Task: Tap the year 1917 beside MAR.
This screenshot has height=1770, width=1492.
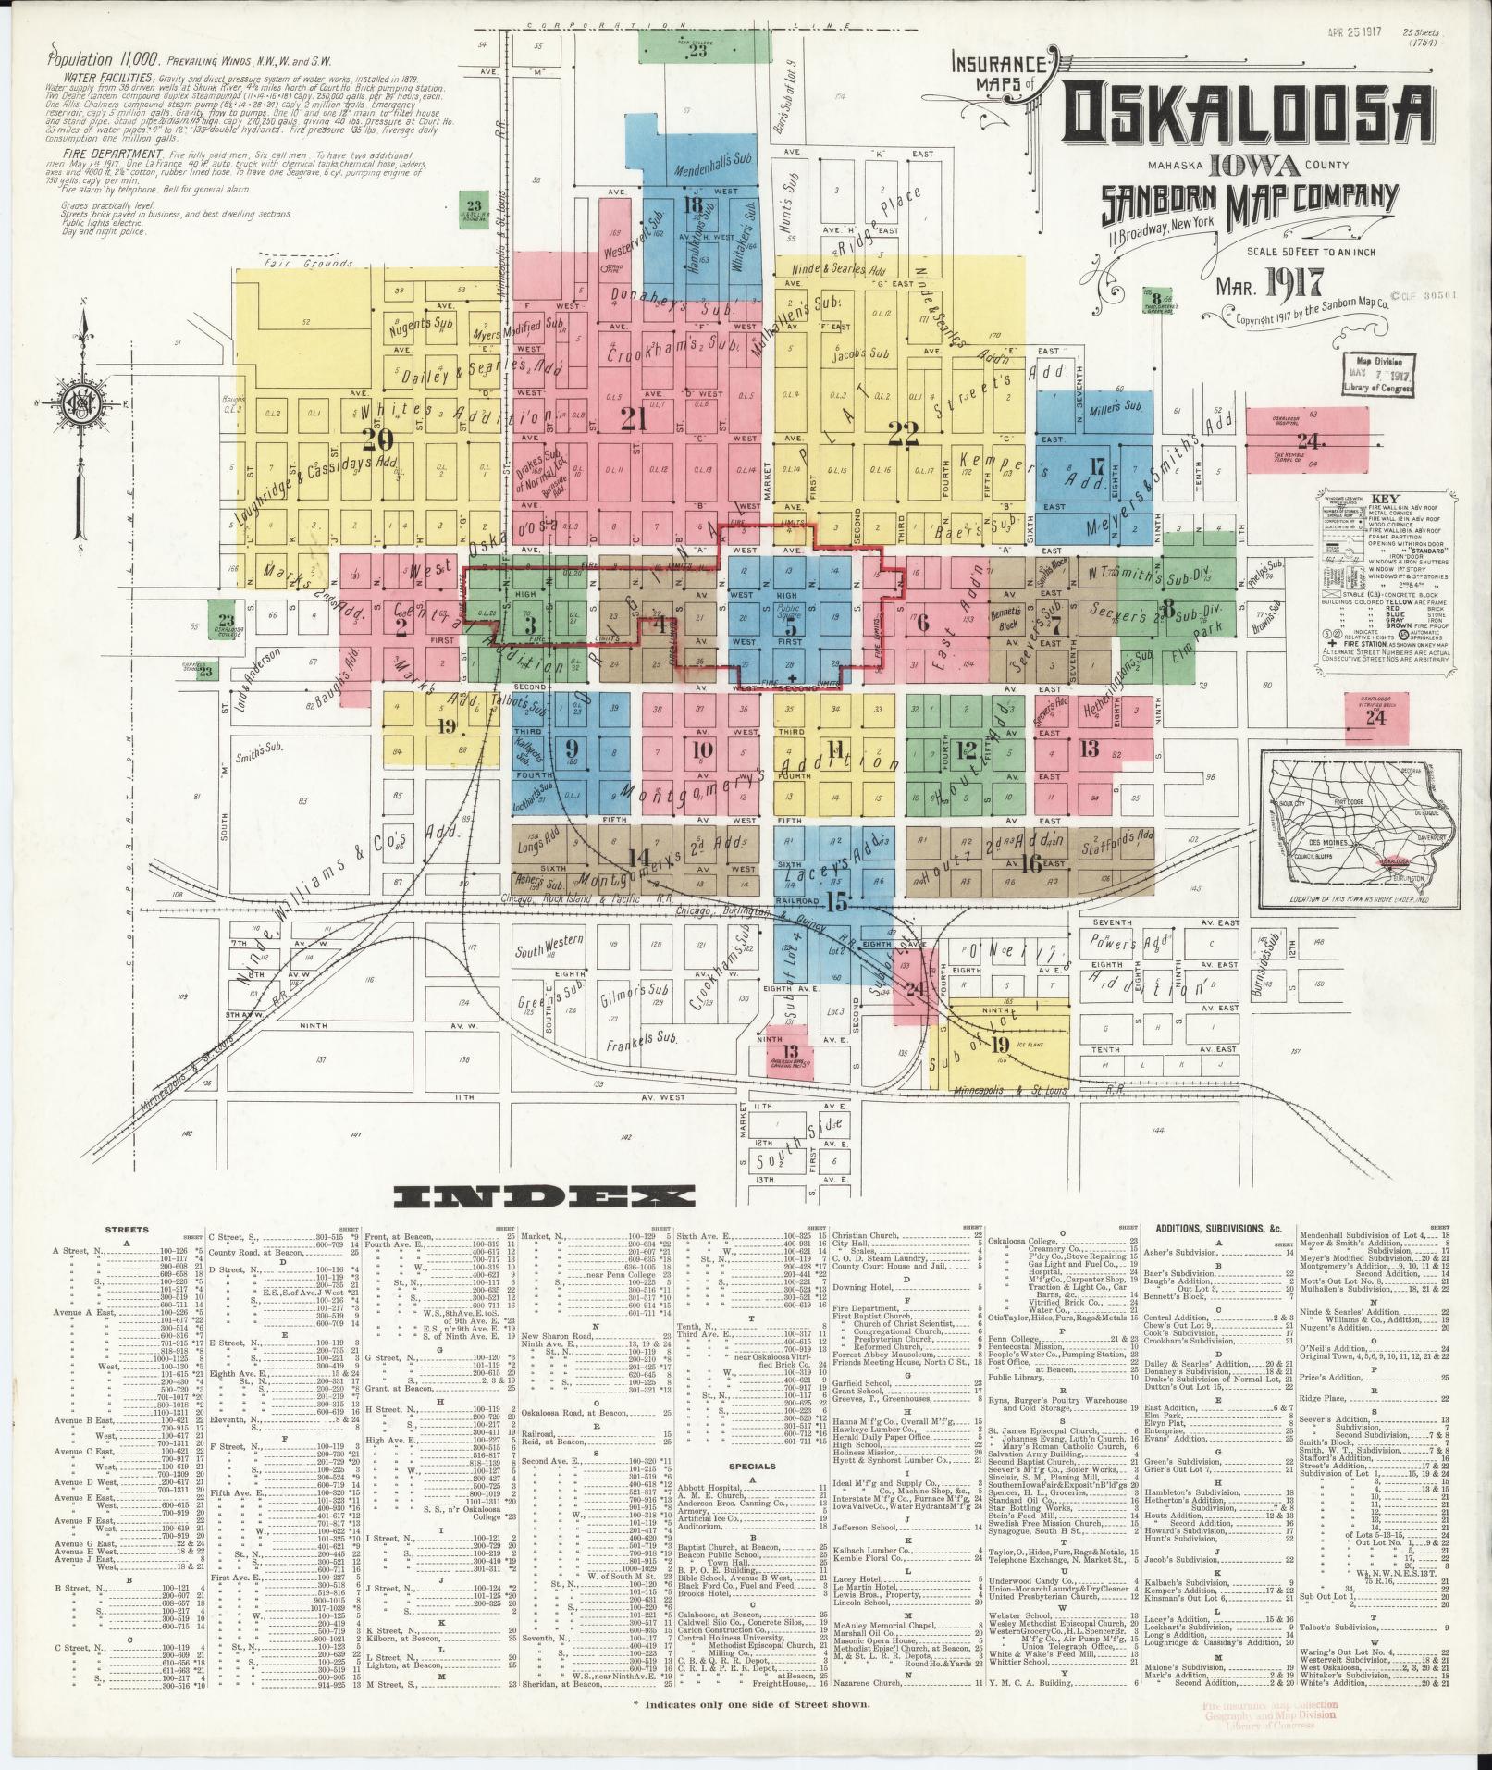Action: [x=1289, y=280]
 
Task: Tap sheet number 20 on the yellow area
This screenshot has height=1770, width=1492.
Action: [x=378, y=438]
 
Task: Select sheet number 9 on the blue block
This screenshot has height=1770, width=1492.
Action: [x=571, y=748]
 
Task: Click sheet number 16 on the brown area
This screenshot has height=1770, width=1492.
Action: [x=1032, y=863]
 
